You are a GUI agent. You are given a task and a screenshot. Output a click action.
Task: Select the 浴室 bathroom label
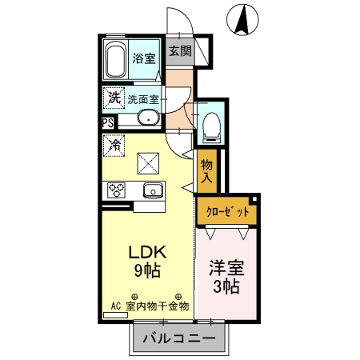(144, 58)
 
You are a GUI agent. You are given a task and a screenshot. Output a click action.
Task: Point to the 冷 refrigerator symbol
(114, 146)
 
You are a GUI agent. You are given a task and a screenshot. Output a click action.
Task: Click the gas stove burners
(115, 190)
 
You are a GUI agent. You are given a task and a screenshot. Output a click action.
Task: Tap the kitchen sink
(151, 190)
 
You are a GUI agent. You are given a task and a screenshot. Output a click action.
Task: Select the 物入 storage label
(206, 170)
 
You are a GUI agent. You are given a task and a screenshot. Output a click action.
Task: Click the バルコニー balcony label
(178, 338)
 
